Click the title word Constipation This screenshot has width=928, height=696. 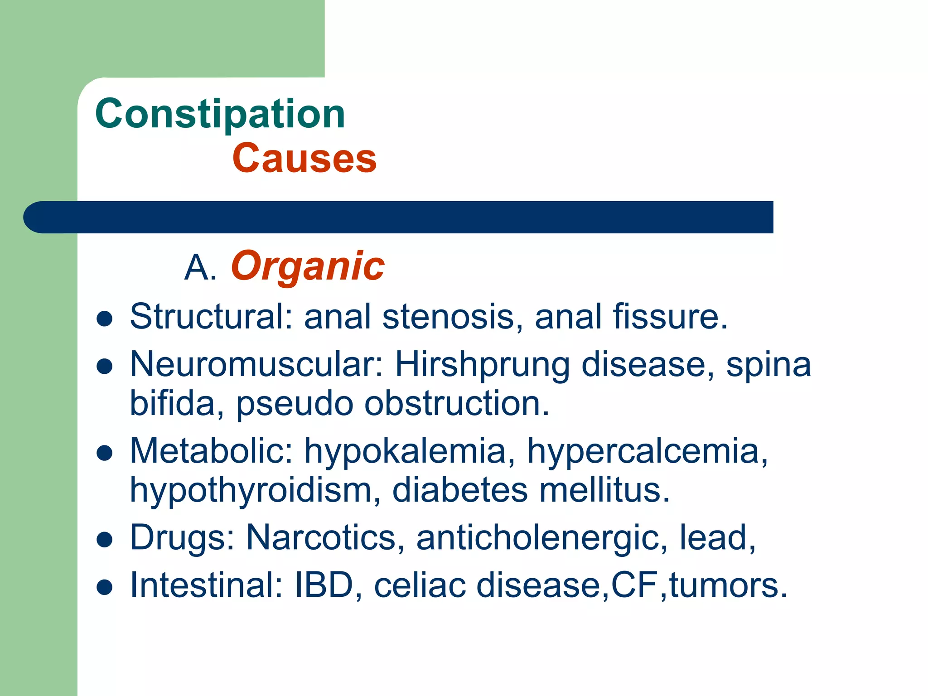(220, 114)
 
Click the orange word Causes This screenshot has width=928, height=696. (304, 158)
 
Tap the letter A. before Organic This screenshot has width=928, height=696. (200, 267)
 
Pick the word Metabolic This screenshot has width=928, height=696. (211, 451)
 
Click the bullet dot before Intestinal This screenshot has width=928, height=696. (105, 587)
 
